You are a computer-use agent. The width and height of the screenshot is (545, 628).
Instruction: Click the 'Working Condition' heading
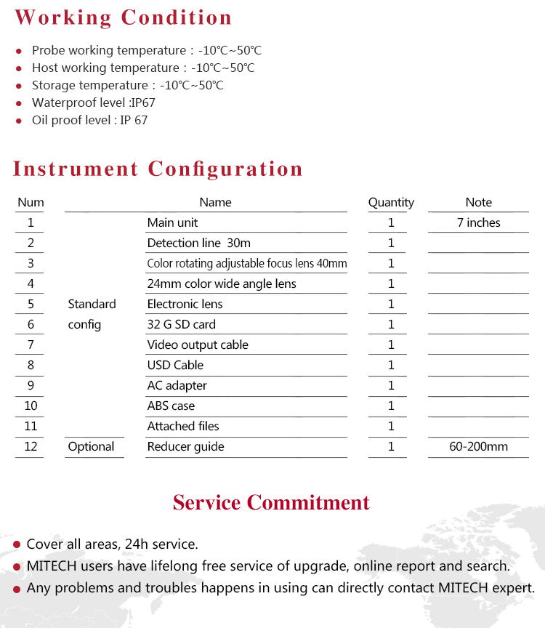coord(124,17)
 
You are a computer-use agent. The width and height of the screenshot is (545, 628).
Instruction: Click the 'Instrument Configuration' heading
coord(158,169)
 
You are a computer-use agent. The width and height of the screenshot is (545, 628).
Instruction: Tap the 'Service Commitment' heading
coord(271,502)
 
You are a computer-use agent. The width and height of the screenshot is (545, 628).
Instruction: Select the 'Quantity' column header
coord(391,203)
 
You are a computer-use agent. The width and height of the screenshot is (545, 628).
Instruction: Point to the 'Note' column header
coord(478,203)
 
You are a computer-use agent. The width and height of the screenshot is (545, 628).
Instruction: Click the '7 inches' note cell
coord(478,223)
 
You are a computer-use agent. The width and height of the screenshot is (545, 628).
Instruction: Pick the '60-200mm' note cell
coord(478,447)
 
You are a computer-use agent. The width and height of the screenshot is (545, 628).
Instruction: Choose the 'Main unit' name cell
coord(172,223)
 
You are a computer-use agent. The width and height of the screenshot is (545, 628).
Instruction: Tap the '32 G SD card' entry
coord(181,325)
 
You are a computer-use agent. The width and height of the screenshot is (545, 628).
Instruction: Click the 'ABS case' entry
coord(171,406)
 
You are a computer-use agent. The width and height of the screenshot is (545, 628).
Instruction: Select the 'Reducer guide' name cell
coord(185,447)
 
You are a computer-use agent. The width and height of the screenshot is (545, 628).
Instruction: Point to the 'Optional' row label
coord(91,447)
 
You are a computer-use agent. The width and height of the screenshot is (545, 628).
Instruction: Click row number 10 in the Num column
coord(31,406)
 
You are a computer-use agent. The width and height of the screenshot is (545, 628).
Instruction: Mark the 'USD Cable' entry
coord(175,366)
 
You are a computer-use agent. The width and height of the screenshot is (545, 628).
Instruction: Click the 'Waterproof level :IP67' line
coord(93,103)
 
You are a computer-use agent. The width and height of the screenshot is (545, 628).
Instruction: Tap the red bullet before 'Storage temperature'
coord(19,86)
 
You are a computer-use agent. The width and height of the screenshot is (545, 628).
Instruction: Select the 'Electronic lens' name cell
coord(185,305)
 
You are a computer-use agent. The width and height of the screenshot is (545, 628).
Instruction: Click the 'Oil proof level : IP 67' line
coord(89,121)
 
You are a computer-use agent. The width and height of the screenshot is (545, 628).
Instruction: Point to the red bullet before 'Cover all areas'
coord(16,545)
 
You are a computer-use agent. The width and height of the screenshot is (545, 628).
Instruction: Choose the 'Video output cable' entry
coord(198,345)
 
